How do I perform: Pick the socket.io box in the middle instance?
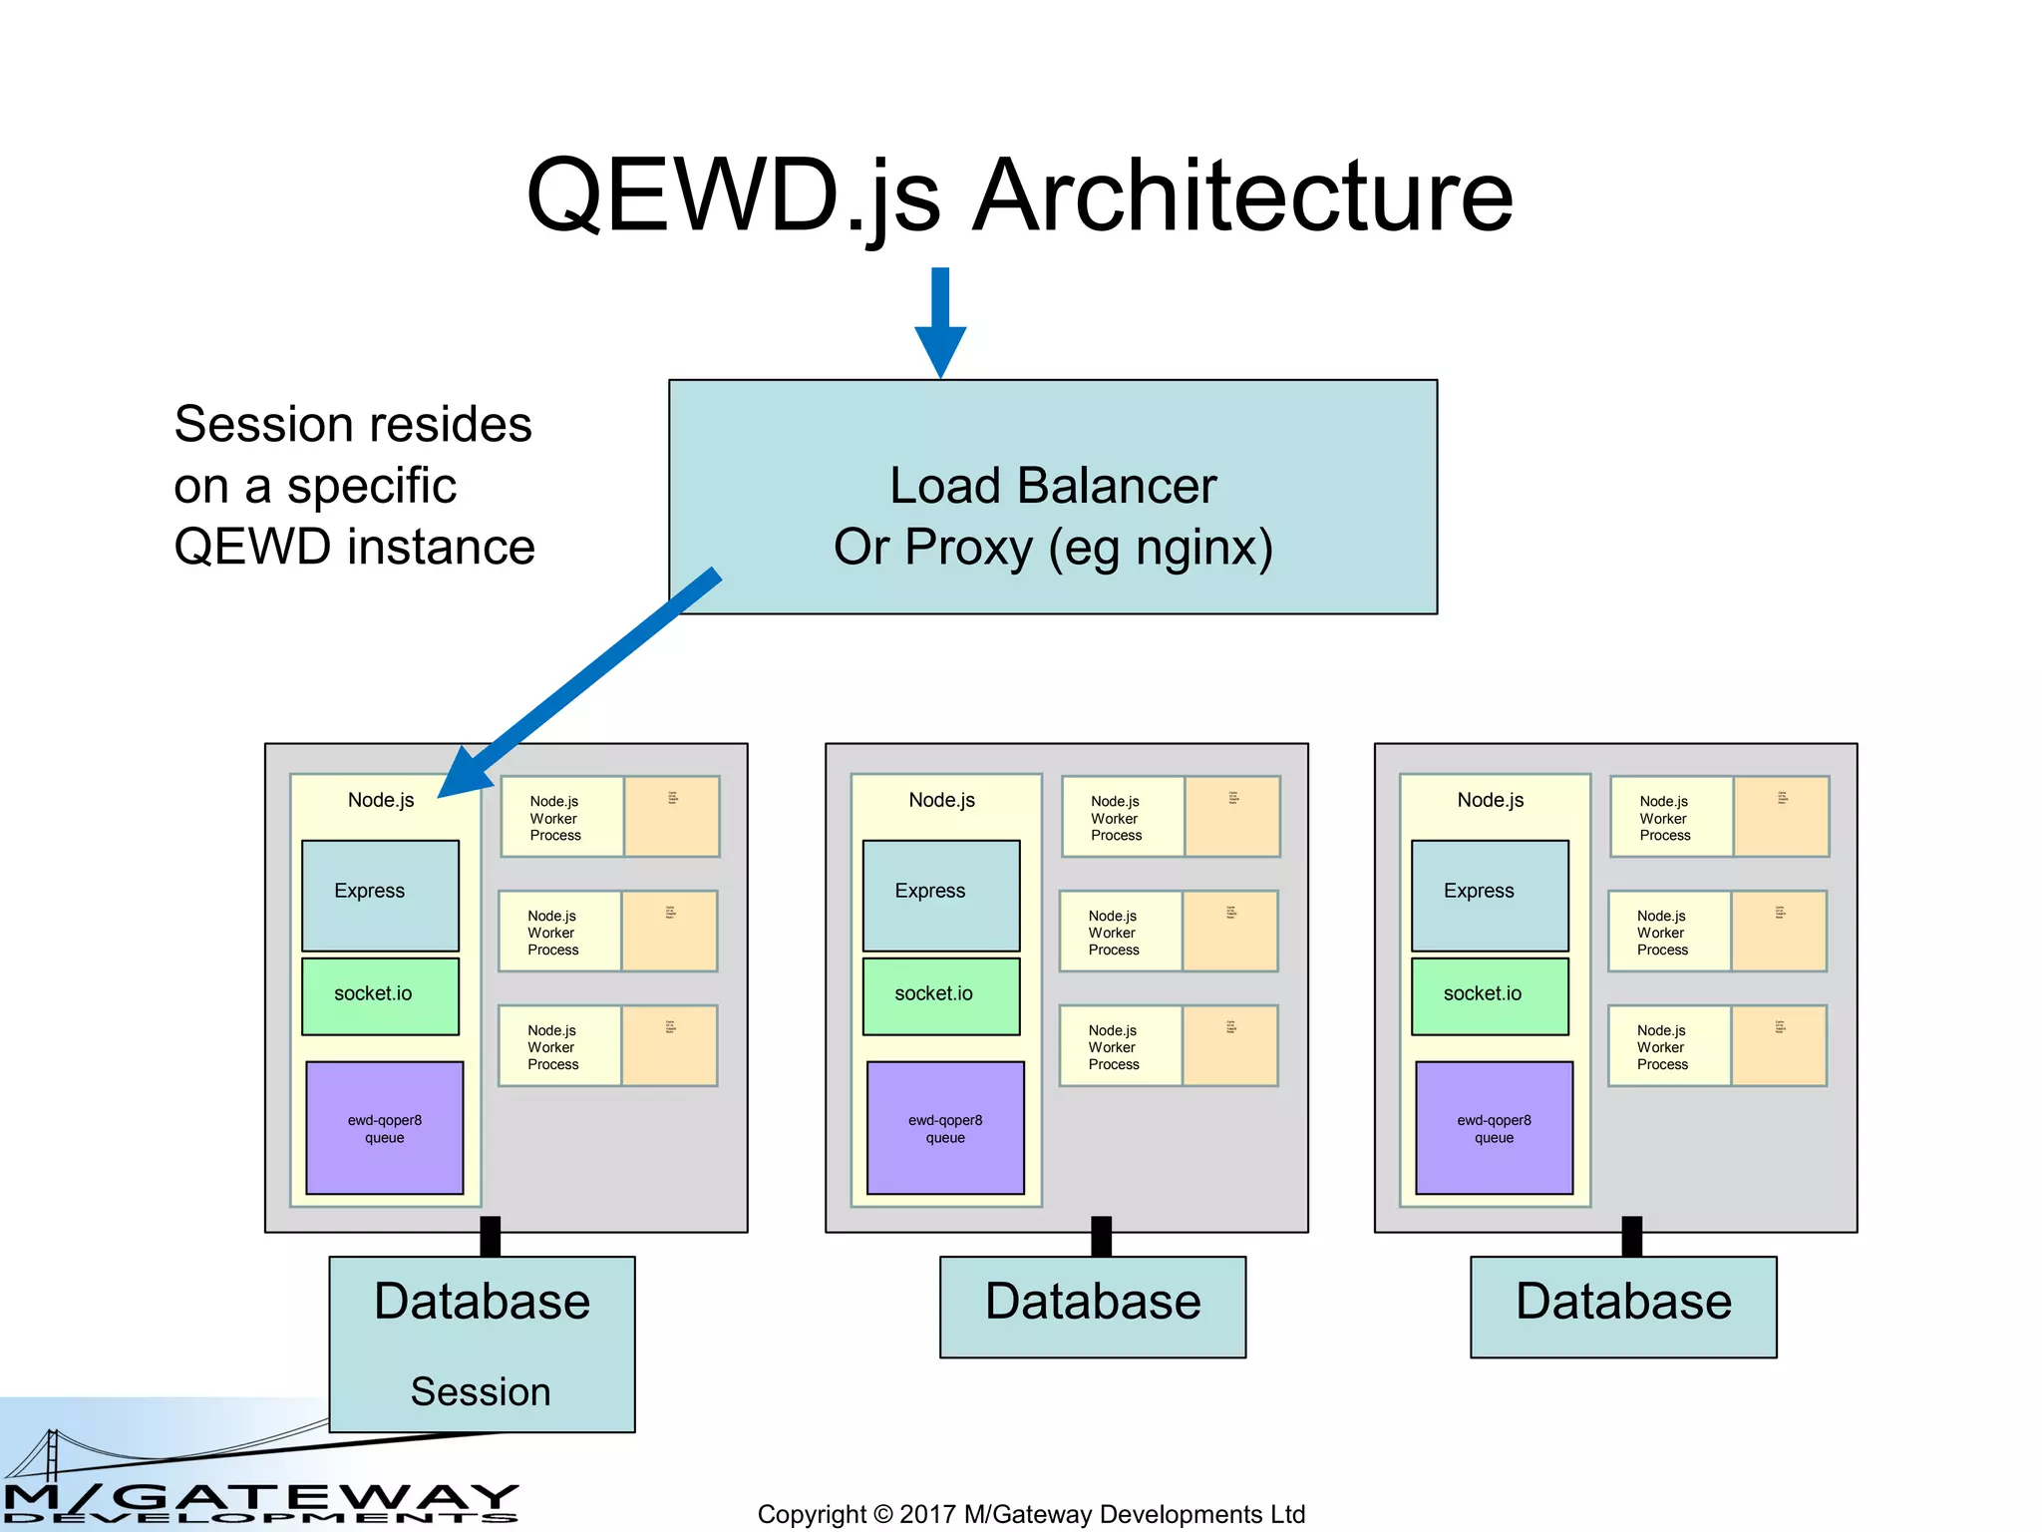click(940, 994)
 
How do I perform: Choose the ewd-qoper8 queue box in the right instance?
click(1494, 1127)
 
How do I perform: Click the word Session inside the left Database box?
click(481, 1391)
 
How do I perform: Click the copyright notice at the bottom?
click(1031, 1514)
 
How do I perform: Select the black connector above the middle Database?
click(1101, 1237)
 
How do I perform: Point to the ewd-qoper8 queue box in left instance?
click(385, 1127)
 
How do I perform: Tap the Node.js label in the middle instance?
click(941, 800)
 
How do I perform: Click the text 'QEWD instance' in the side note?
click(354, 547)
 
